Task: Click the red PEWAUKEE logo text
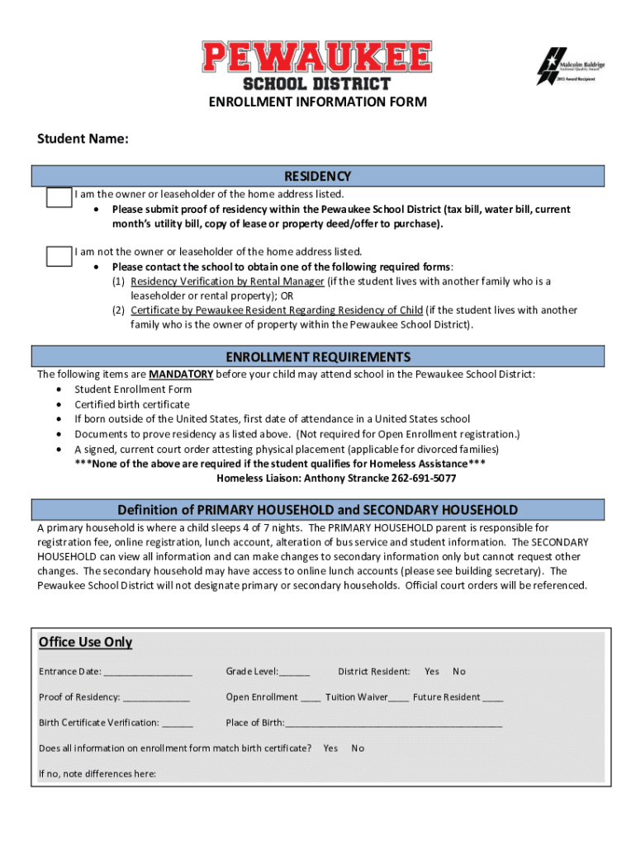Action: coord(317,58)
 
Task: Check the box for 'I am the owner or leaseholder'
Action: coord(59,197)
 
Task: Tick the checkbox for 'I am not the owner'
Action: coord(59,256)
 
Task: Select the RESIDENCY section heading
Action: coord(318,176)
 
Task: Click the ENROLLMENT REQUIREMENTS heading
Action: coord(318,357)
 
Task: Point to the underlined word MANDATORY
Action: coord(181,375)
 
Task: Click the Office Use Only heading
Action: coord(85,643)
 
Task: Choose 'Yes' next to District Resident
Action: coord(431,672)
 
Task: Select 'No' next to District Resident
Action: coord(459,672)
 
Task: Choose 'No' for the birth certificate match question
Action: coord(358,748)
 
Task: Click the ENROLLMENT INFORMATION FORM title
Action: coord(318,102)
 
